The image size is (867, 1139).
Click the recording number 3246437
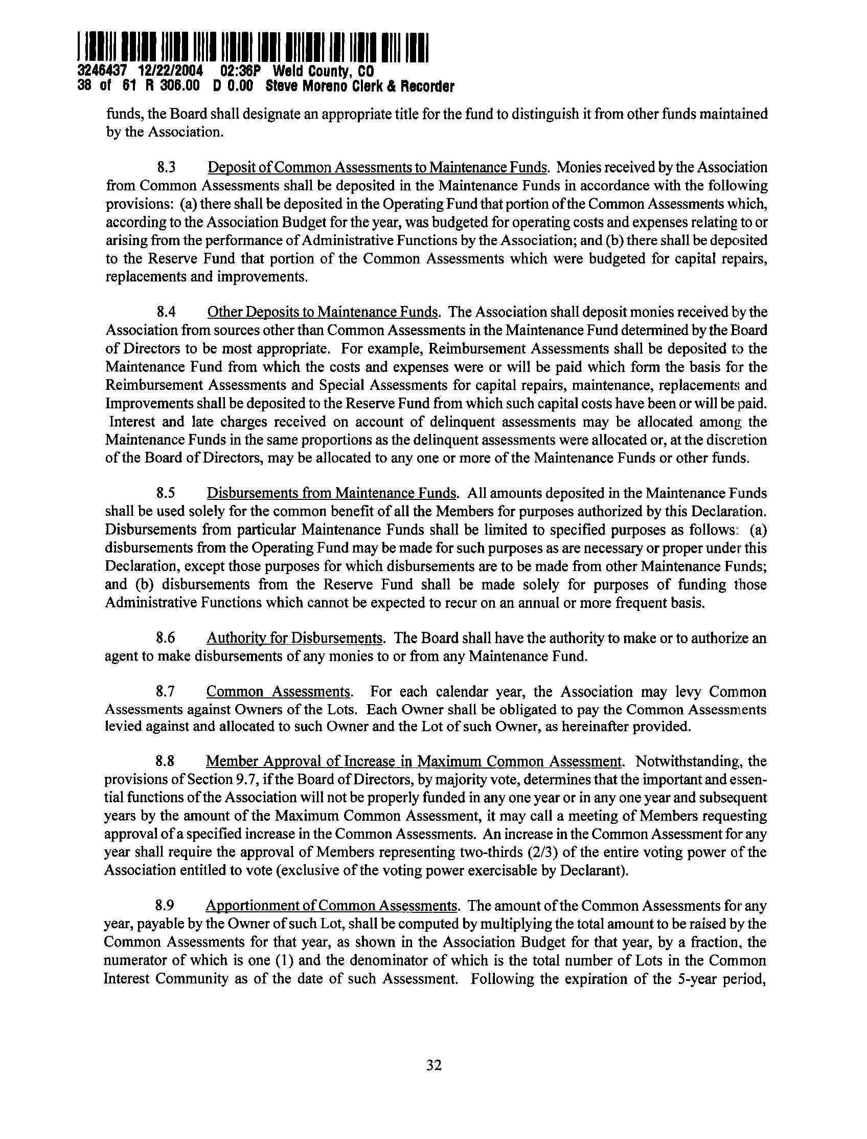97,71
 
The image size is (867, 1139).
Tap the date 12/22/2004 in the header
165,71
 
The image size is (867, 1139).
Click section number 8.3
166,168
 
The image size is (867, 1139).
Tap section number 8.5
166,493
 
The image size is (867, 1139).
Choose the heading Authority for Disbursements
294,638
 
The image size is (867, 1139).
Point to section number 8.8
166,761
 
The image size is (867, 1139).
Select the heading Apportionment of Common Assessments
332,906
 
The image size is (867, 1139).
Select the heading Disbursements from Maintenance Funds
332,493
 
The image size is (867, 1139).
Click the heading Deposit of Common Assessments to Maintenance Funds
377,168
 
